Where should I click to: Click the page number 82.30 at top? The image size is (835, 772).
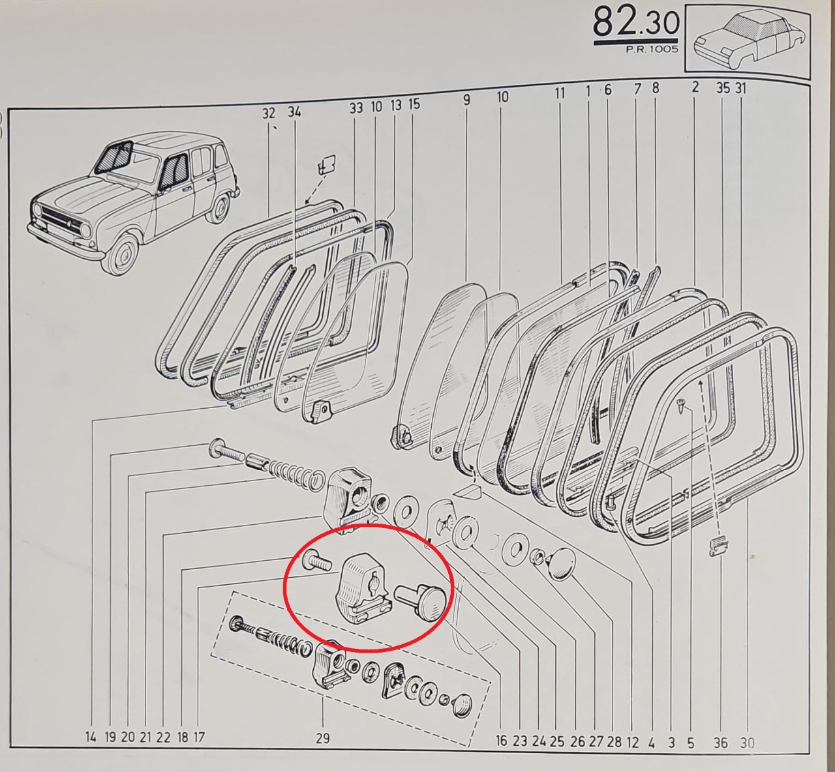point(636,23)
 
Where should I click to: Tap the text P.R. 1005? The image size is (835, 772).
point(652,49)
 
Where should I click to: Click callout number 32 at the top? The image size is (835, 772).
point(269,113)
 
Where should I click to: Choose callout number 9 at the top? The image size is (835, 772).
point(466,100)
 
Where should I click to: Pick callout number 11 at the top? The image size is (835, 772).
point(560,93)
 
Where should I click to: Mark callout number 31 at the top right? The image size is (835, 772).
point(740,88)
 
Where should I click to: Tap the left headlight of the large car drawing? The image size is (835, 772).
point(87,230)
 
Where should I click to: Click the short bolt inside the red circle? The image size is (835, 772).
point(317,561)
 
